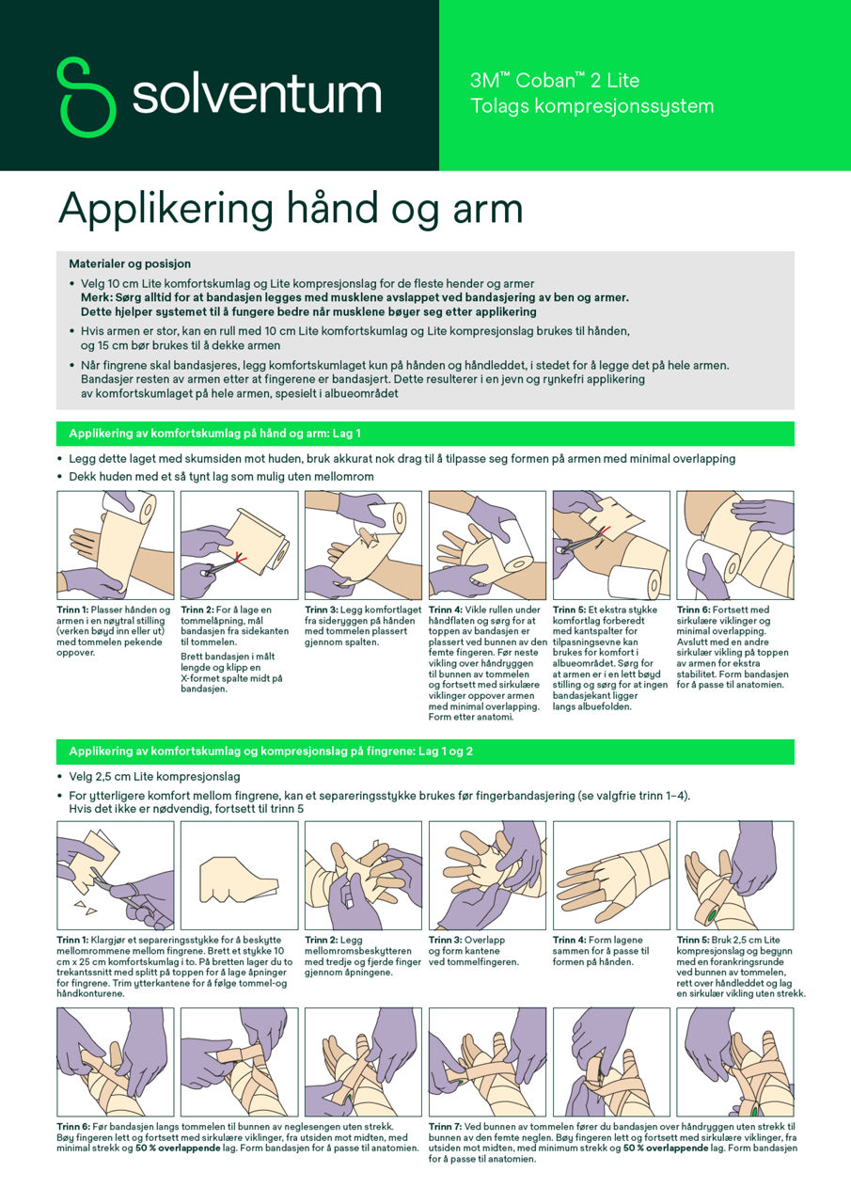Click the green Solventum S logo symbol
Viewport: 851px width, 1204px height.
[88, 96]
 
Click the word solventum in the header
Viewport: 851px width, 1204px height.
[256, 96]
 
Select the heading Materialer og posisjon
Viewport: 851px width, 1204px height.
[130, 264]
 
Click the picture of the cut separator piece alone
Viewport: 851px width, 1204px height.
[238, 876]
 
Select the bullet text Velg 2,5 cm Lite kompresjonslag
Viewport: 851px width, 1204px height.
[154, 777]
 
